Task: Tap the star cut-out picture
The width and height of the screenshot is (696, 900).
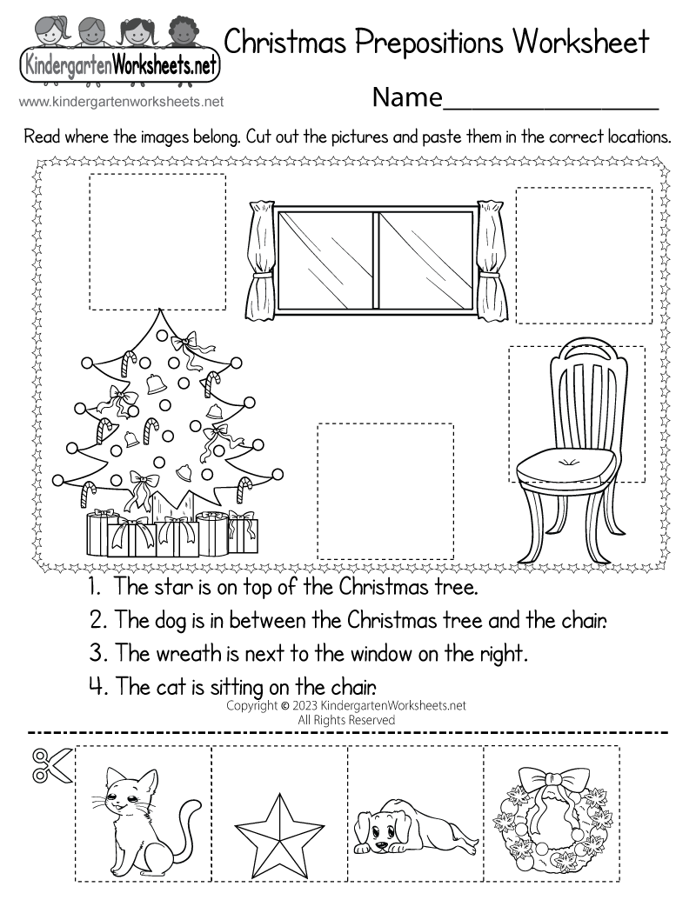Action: click(278, 813)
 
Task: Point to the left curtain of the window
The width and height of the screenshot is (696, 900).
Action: click(260, 261)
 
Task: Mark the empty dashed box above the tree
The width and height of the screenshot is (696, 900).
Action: click(157, 242)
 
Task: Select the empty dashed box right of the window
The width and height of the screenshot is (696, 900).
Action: click(583, 255)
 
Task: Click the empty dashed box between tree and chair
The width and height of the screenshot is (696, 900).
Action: click(385, 491)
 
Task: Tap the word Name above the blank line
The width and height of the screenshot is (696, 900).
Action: click(407, 97)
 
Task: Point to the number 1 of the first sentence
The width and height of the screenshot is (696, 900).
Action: click(91, 587)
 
